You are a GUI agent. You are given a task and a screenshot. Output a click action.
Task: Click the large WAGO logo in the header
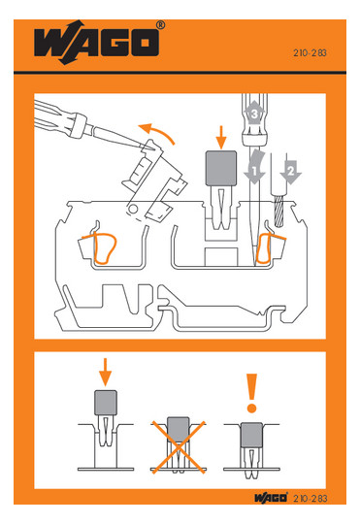96,43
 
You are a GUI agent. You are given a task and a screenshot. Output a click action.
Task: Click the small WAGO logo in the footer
271,498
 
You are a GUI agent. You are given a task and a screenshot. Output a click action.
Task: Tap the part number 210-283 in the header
310,52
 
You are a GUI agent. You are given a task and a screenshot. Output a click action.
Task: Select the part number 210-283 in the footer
311,498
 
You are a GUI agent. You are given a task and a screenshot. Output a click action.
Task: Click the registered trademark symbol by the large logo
161,24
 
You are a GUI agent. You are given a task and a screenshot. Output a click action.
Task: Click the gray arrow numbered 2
291,172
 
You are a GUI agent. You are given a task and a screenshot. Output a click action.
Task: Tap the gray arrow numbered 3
254,113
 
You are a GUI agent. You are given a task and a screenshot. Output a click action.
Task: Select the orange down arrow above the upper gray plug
220,138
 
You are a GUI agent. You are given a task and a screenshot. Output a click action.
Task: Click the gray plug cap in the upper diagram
221,169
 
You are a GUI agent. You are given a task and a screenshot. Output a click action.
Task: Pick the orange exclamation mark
251,393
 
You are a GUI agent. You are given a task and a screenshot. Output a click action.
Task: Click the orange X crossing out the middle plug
179,447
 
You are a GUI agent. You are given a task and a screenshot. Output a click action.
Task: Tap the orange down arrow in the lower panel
106,373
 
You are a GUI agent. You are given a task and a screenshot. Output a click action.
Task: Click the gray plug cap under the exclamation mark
251,435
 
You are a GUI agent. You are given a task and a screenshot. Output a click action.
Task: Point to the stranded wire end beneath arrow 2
278,212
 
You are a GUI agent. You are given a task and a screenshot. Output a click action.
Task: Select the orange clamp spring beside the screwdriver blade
269,248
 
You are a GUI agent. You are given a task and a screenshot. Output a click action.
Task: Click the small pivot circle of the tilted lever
133,210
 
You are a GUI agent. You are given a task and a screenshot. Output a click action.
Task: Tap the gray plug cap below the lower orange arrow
106,403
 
